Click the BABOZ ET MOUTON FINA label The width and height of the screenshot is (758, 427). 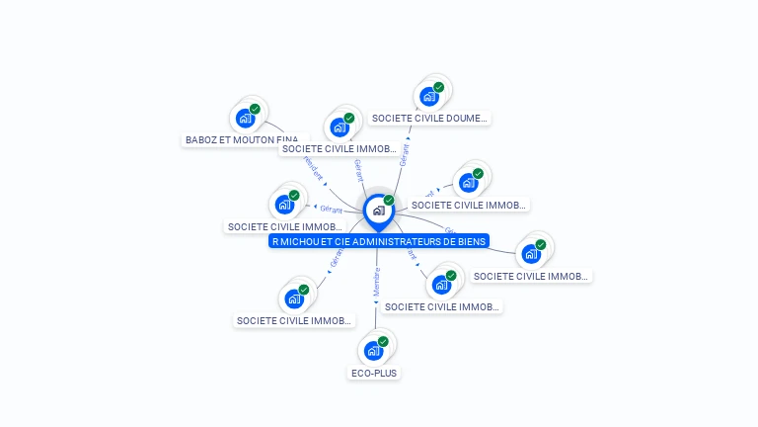tap(242, 140)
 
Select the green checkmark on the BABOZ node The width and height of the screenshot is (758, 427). tap(255, 110)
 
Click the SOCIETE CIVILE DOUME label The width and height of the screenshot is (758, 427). tap(429, 119)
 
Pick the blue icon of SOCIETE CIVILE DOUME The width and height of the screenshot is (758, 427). tap(428, 97)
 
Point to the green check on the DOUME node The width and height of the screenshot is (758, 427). tap(438, 87)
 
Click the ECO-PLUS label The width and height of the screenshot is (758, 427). tap(374, 373)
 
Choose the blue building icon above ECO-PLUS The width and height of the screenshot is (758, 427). tap(373, 351)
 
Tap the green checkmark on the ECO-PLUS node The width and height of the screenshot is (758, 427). tap(383, 341)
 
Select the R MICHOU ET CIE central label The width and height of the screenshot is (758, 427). tap(379, 241)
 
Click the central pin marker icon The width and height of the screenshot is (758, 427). tap(378, 211)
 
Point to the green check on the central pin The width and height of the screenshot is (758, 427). tap(389, 201)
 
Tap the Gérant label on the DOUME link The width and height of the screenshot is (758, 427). tap(404, 153)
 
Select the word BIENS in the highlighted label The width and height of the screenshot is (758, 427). tap(471, 241)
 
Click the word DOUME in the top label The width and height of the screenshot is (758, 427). tap(467, 119)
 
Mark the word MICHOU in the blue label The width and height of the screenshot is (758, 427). tap(299, 241)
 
